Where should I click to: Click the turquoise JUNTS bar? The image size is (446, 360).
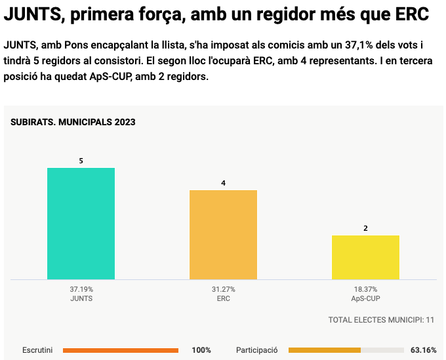(x=81, y=224)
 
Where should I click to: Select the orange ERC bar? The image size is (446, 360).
(x=223, y=235)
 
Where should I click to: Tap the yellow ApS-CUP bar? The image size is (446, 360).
(x=365, y=257)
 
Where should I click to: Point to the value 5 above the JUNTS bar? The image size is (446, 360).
(x=81, y=161)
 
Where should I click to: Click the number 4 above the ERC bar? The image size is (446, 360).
(x=223, y=183)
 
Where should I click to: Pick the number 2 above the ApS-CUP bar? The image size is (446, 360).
(x=365, y=228)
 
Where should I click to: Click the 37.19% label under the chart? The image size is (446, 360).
(x=81, y=289)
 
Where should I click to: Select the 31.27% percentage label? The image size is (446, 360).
(x=223, y=289)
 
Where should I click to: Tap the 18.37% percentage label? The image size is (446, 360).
(x=365, y=289)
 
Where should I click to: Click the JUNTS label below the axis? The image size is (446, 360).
(x=81, y=298)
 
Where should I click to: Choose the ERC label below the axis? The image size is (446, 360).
(x=223, y=298)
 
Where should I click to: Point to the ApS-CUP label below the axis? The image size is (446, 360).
(x=365, y=298)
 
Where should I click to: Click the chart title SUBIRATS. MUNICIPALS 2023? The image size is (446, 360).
(x=73, y=122)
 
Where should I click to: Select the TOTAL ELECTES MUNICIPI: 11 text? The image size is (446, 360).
(x=381, y=320)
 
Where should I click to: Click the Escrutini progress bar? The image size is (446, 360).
(x=121, y=350)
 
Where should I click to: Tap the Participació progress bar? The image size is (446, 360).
(x=346, y=350)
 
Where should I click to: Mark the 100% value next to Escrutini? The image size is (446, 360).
(x=201, y=350)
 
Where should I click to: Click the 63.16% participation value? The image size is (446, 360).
(x=423, y=350)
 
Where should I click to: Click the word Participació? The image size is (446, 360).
(x=256, y=350)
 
